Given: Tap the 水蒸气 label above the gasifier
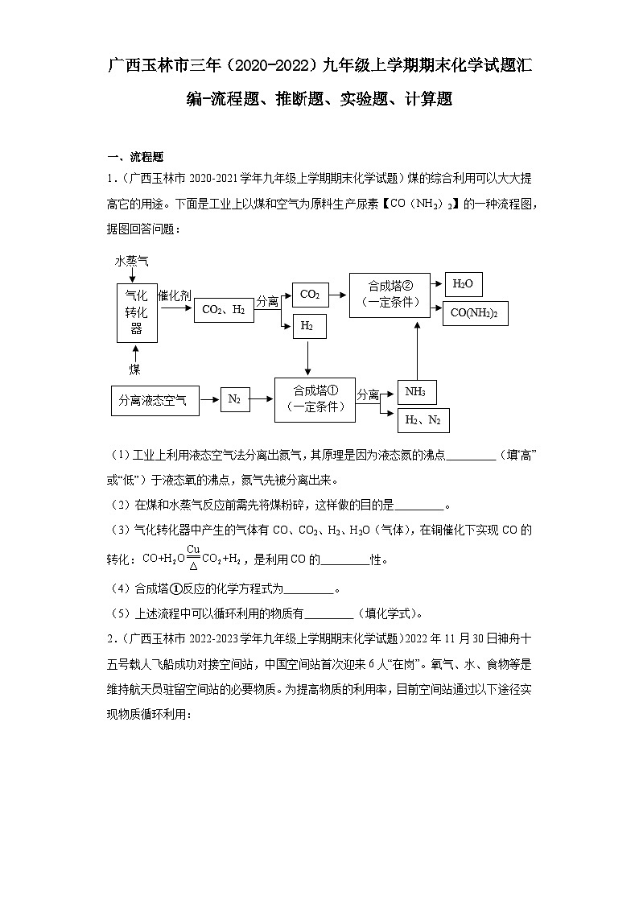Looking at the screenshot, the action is (131, 262).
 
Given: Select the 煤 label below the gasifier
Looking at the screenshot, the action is (135, 369).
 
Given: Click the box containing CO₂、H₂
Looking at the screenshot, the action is (223, 309).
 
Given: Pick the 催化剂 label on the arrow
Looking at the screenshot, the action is (175, 295).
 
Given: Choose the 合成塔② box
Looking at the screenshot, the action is (390, 294).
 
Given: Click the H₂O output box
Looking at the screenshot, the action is (462, 284).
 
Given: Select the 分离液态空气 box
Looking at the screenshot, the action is (152, 400).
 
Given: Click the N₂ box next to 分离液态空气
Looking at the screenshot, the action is (234, 398).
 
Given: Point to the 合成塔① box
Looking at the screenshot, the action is (315, 398).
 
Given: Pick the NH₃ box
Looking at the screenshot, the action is (417, 392).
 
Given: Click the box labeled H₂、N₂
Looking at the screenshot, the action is (423, 420).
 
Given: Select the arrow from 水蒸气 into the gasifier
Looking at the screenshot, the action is (131, 277).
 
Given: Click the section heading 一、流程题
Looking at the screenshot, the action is (135, 157).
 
